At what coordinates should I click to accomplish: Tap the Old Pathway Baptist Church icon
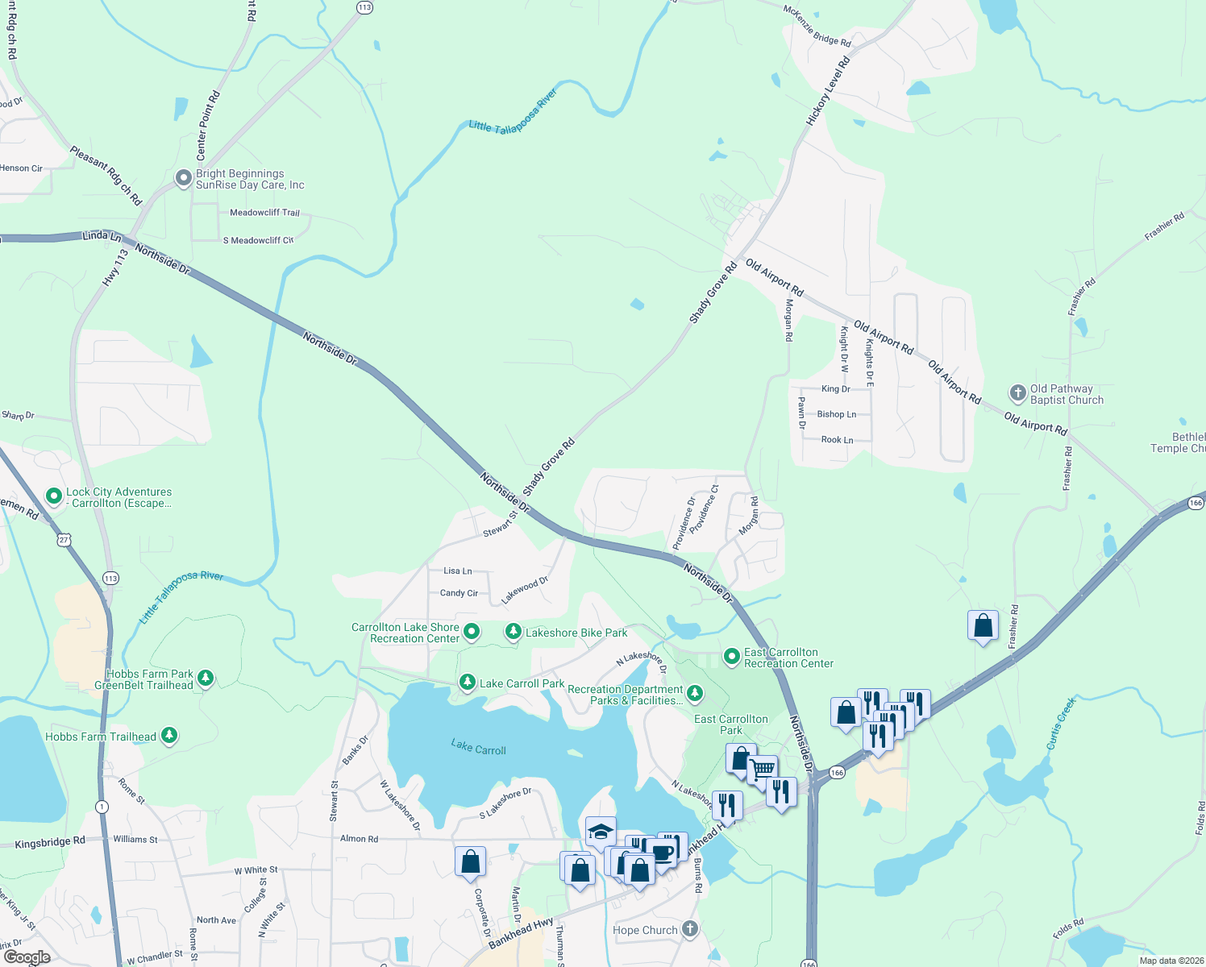click(x=1017, y=394)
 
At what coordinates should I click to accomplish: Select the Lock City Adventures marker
click(x=54, y=496)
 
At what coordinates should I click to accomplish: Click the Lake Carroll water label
click(x=478, y=748)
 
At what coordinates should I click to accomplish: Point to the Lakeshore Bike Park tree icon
click(x=513, y=632)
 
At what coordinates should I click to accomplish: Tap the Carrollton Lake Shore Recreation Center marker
click(x=472, y=632)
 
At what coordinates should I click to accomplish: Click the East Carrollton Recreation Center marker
click(x=731, y=657)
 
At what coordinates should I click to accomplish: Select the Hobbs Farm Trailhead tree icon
click(x=168, y=735)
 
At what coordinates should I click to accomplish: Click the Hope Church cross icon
click(x=690, y=928)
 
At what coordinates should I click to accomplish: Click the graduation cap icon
click(x=601, y=831)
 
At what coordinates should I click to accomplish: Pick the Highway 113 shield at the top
click(x=364, y=7)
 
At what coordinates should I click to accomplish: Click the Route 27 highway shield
click(x=64, y=540)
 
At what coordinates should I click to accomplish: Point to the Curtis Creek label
click(x=1061, y=723)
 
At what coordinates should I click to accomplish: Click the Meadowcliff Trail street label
click(x=264, y=213)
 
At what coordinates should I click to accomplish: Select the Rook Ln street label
click(x=837, y=440)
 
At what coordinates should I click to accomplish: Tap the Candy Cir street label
click(x=459, y=593)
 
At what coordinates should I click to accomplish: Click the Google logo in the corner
click(x=27, y=957)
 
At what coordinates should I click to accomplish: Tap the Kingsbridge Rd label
click(x=50, y=842)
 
